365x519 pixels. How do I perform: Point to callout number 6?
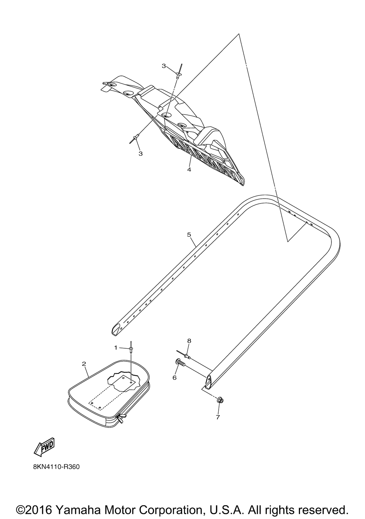pyautogui.click(x=174, y=377)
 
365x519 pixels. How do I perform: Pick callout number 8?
pyautogui.click(x=189, y=341)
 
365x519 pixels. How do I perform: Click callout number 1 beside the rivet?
pyautogui.click(x=115, y=348)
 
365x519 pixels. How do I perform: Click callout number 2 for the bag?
pyautogui.click(x=84, y=364)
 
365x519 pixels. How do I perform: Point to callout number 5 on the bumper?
pyautogui.click(x=189, y=235)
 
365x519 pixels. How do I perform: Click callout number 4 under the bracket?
pyautogui.click(x=189, y=170)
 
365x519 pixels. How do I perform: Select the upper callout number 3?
pyautogui.click(x=164, y=66)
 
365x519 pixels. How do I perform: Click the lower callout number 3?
pyautogui.click(x=141, y=154)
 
